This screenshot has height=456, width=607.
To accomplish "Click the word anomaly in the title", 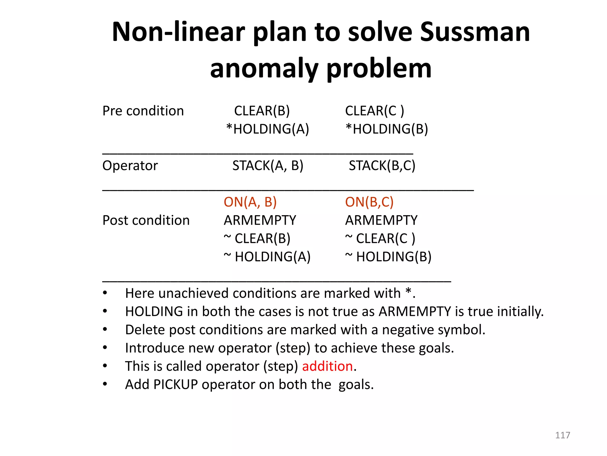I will [x=264, y=69].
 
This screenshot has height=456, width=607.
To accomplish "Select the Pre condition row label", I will [x=143, y=111].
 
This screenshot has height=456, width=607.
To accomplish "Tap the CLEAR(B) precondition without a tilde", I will [x=262, y=111].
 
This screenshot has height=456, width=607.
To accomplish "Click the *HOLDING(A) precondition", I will [x=268, y=129].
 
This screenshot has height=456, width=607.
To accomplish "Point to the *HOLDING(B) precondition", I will [x=387, y=129].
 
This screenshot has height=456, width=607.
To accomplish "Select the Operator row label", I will [x=130, y=166].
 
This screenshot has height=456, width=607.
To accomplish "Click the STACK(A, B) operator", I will [x=268, y=166].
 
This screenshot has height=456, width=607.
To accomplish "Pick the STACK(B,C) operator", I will [x=382, y=166].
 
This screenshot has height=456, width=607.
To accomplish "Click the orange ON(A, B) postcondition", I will [x=250, y=202].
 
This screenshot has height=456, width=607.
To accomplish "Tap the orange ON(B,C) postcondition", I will [x=369, y=202].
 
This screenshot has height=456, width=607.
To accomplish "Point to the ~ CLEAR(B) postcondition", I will [x=257, y=239].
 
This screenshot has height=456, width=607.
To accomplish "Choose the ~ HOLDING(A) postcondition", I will [x=267, y=257].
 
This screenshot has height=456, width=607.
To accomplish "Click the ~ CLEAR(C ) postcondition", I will [x=380, y=239].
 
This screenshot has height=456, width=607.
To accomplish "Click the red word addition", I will [x=327, y=366].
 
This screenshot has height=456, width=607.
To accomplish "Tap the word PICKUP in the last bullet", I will [x=175, y=385].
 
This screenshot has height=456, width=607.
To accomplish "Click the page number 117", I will [x=562, y=435].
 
